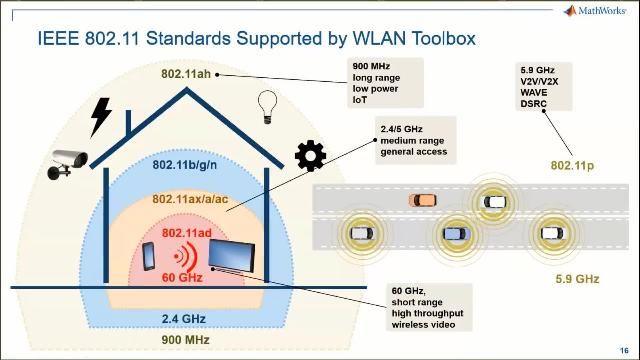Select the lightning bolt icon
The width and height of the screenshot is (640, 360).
pos(100,116)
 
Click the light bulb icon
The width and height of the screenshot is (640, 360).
pos(267,104)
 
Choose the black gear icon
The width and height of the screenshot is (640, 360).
pos(310,155)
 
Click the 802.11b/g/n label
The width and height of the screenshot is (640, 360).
pos(185,166)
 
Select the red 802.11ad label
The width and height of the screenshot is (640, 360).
pos(186,232)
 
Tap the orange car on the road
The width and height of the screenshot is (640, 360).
pos(423,199)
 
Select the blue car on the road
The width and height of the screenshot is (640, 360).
pos(455,233)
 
